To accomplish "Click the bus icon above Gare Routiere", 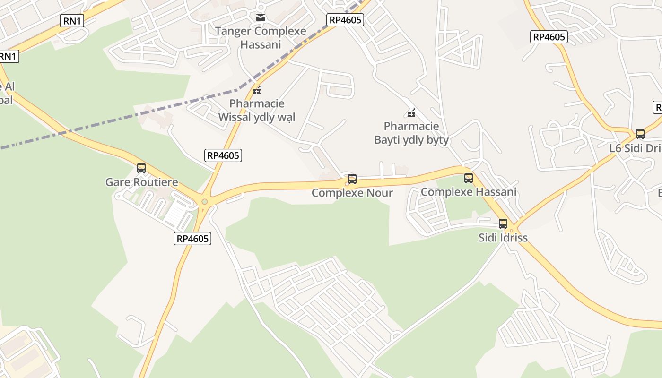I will pos(141,168).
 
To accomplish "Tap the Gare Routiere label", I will pos(141,182).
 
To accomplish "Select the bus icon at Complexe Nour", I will pos(352,179).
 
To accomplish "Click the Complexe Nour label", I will pos(352,193).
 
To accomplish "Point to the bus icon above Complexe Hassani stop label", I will pos(468,178).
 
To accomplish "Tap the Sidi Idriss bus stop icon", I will pos(503,224).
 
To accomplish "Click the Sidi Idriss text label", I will pos(503,237).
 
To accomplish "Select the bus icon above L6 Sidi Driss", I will pos(640,134).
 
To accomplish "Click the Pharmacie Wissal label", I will pos(257,110).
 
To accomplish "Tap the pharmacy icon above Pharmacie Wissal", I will pos(257,90).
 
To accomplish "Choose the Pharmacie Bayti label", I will pos(411,133).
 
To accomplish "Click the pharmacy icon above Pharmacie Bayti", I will pos(411,112).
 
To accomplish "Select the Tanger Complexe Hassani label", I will pos(261,38).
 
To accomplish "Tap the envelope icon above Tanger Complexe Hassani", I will pos(260,18).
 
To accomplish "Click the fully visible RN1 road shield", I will pos(72,20).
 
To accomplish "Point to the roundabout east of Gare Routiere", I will pos(204,202).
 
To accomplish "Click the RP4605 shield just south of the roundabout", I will pos(192,239).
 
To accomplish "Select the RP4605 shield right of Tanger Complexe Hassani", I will pos(345,19).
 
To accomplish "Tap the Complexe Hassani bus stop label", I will pos(468,192).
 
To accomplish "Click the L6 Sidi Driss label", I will pos(635,148).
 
